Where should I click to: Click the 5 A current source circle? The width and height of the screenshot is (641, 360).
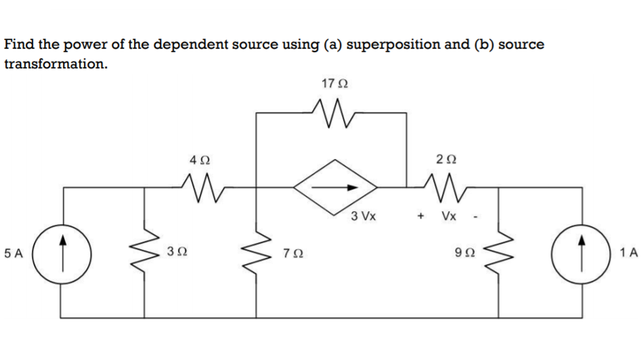pos(63,254)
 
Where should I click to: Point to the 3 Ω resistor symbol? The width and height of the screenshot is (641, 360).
pos(144,254)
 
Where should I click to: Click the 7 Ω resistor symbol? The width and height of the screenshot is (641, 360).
pos(257,254)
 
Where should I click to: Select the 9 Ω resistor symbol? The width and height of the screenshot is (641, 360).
pos(501,254)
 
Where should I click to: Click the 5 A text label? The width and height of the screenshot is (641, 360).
pos(14,254)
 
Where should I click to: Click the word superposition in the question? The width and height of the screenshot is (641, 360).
pos(393,45)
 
